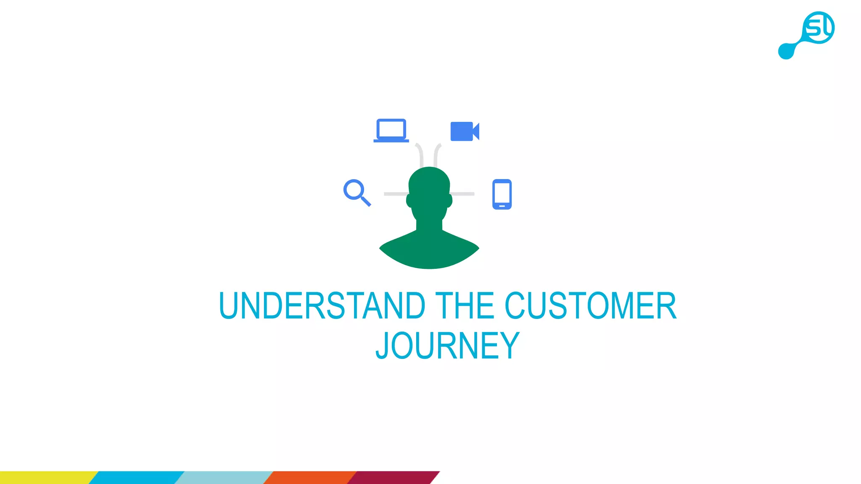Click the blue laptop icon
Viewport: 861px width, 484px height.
[391, 130]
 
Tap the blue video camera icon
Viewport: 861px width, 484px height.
[464, 132]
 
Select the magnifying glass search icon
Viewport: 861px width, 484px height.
[357, 192]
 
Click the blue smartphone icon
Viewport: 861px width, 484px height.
[502, 194]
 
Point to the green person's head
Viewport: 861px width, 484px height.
[429, 189]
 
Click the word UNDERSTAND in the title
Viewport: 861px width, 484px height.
[322, 306]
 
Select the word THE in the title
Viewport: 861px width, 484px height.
[465, 306]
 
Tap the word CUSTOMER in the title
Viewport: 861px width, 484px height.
[590, 306]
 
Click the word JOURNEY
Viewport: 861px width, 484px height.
[447, 346]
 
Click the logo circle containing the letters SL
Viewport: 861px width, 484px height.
[818, 27]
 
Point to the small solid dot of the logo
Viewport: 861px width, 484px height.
[786, 51]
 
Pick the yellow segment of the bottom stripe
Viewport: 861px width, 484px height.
[46, 478]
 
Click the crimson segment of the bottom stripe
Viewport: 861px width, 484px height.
[393, 478]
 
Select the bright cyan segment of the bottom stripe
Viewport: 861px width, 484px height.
[137, 478]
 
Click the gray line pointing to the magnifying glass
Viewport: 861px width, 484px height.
[395, 194]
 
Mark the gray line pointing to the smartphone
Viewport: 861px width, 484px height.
[463, 194]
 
